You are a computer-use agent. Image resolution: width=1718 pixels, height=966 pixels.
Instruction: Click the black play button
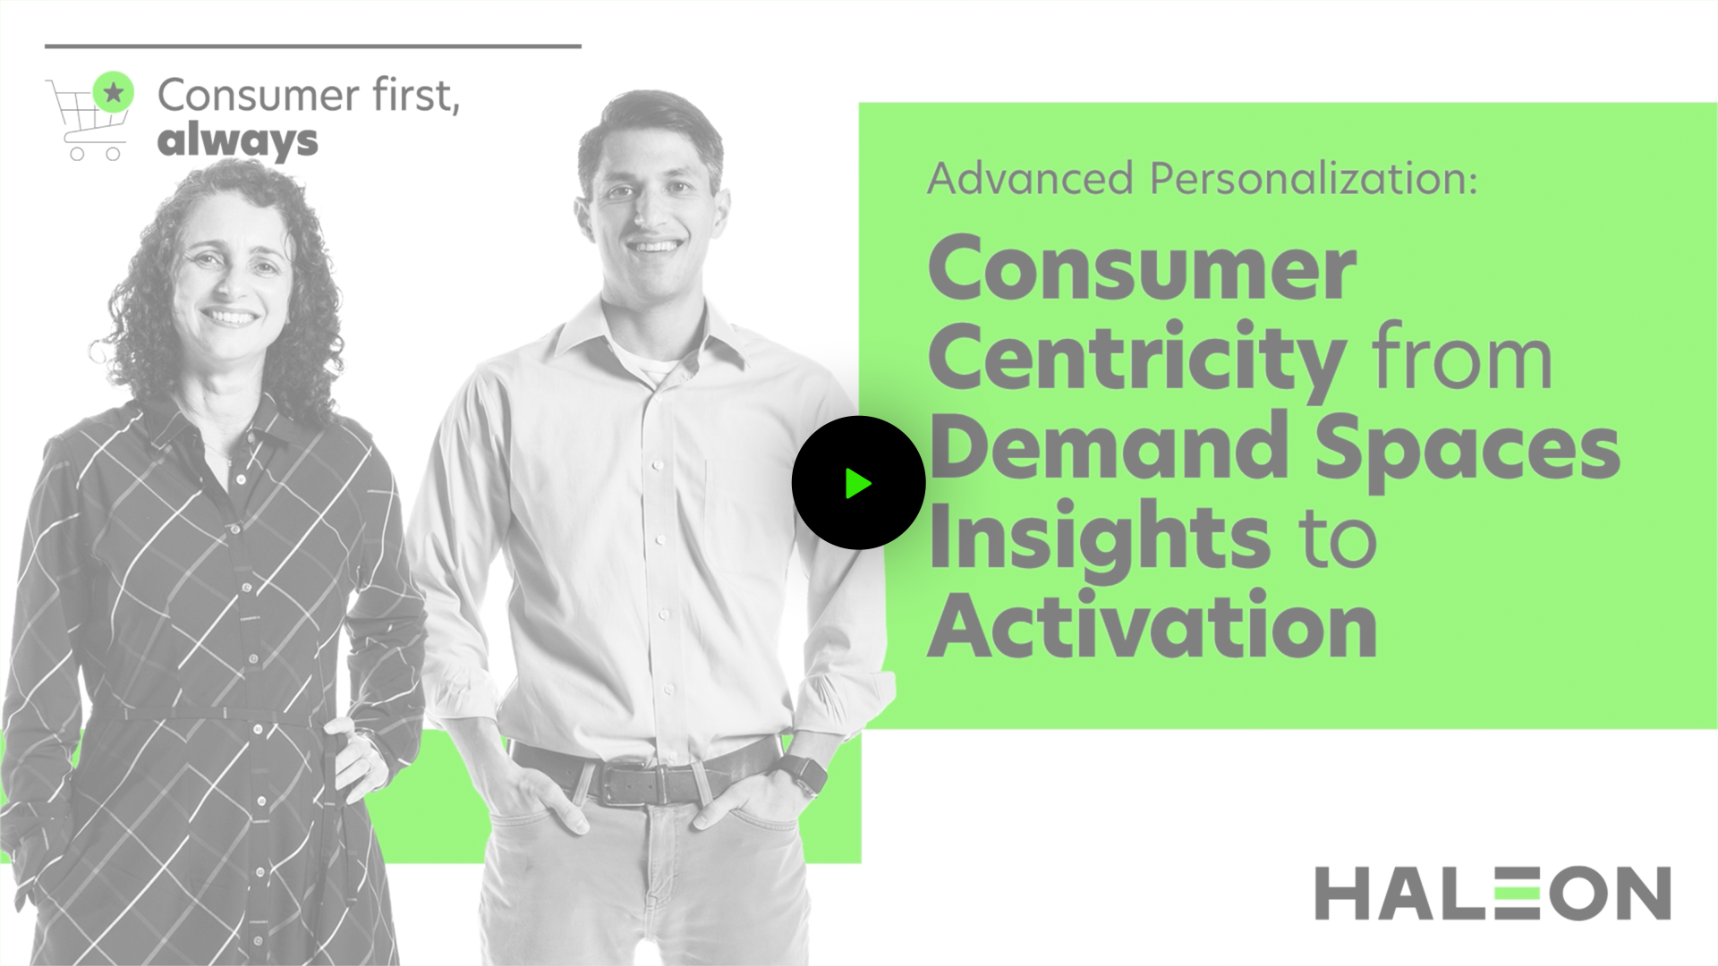coord(858,483)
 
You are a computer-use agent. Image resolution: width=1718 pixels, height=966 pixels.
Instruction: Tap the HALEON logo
coord(1493,893)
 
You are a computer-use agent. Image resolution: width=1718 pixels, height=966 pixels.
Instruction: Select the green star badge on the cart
coord(114,91)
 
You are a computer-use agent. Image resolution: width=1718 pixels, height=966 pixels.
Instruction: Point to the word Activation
coord(1152,625)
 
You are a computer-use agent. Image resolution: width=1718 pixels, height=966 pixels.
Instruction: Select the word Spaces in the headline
coord(1467,449)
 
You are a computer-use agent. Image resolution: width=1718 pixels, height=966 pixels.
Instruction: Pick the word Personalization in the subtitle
coord(1314,178)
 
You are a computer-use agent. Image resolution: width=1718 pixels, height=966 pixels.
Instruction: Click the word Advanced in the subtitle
coord(1031,178)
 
